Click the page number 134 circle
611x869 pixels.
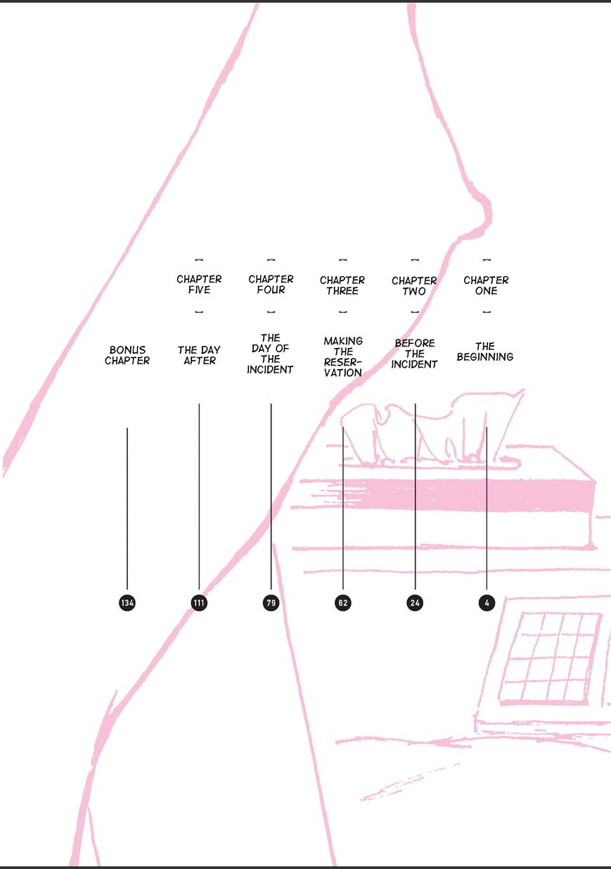(127, 603)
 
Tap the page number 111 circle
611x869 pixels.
(199, 603)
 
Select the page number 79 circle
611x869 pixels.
(271, 603)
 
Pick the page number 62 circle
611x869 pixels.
(342, 603)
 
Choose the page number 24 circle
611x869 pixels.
(415, 603)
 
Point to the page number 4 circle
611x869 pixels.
(486, 603)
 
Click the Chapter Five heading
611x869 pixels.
(199, 285)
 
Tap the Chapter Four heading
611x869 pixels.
(271, 285)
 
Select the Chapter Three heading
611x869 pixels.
(342, 285)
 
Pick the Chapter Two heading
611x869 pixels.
(414, 285)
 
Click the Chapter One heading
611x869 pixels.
(486, 285)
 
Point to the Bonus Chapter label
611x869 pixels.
(127, 355)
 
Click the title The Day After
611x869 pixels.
(199, 355)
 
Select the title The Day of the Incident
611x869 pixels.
(270, 354)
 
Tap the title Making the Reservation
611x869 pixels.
(342, 357)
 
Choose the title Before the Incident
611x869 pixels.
(414, 354)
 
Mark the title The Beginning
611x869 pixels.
(485, 352)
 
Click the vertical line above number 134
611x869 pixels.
(127, 506)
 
